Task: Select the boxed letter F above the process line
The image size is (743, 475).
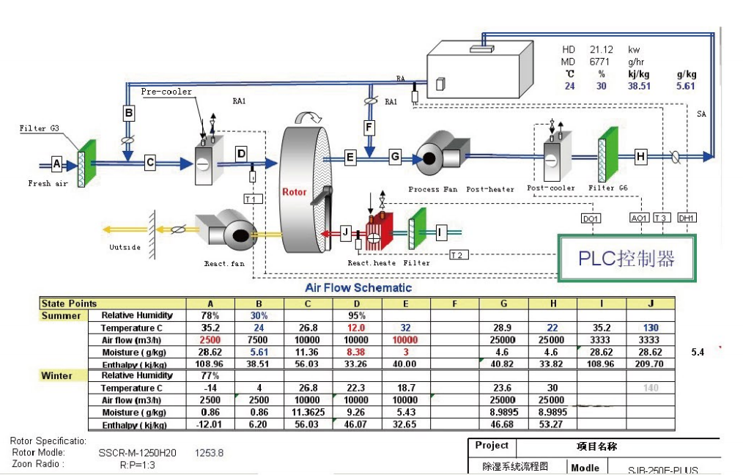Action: (369, 127)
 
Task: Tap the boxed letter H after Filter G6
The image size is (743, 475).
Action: (640, 156)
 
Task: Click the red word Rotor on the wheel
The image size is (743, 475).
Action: (295, 193)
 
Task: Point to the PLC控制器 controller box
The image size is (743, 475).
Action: (626, 258)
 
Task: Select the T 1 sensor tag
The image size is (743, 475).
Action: (251, 199)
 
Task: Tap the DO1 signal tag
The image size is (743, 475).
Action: (591, 218)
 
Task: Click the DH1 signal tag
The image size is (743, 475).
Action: (687, 218)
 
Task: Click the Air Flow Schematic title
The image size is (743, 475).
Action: (358, 288)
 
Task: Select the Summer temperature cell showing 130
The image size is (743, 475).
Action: (650, 328)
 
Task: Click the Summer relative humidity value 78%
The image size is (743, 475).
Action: (211, 315)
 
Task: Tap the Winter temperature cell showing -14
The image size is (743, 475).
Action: (211, 388)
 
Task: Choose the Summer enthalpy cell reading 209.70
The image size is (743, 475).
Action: (650, 364)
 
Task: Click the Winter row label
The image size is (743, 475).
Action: (56, 376)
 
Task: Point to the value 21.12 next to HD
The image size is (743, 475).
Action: (602, 50)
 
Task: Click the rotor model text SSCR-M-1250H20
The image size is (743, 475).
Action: (137, 453)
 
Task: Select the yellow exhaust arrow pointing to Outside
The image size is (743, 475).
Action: (127, 229)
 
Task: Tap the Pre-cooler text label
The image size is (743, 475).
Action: (166, 92)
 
